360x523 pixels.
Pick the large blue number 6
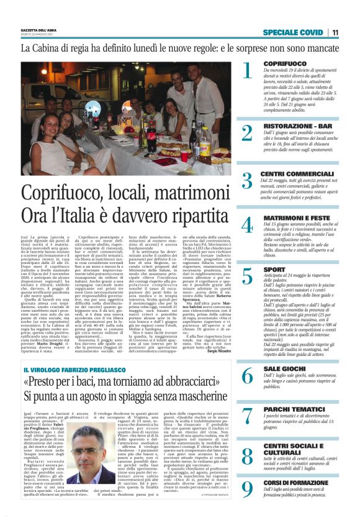pos(247,376)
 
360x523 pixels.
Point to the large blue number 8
pos(247,457)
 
